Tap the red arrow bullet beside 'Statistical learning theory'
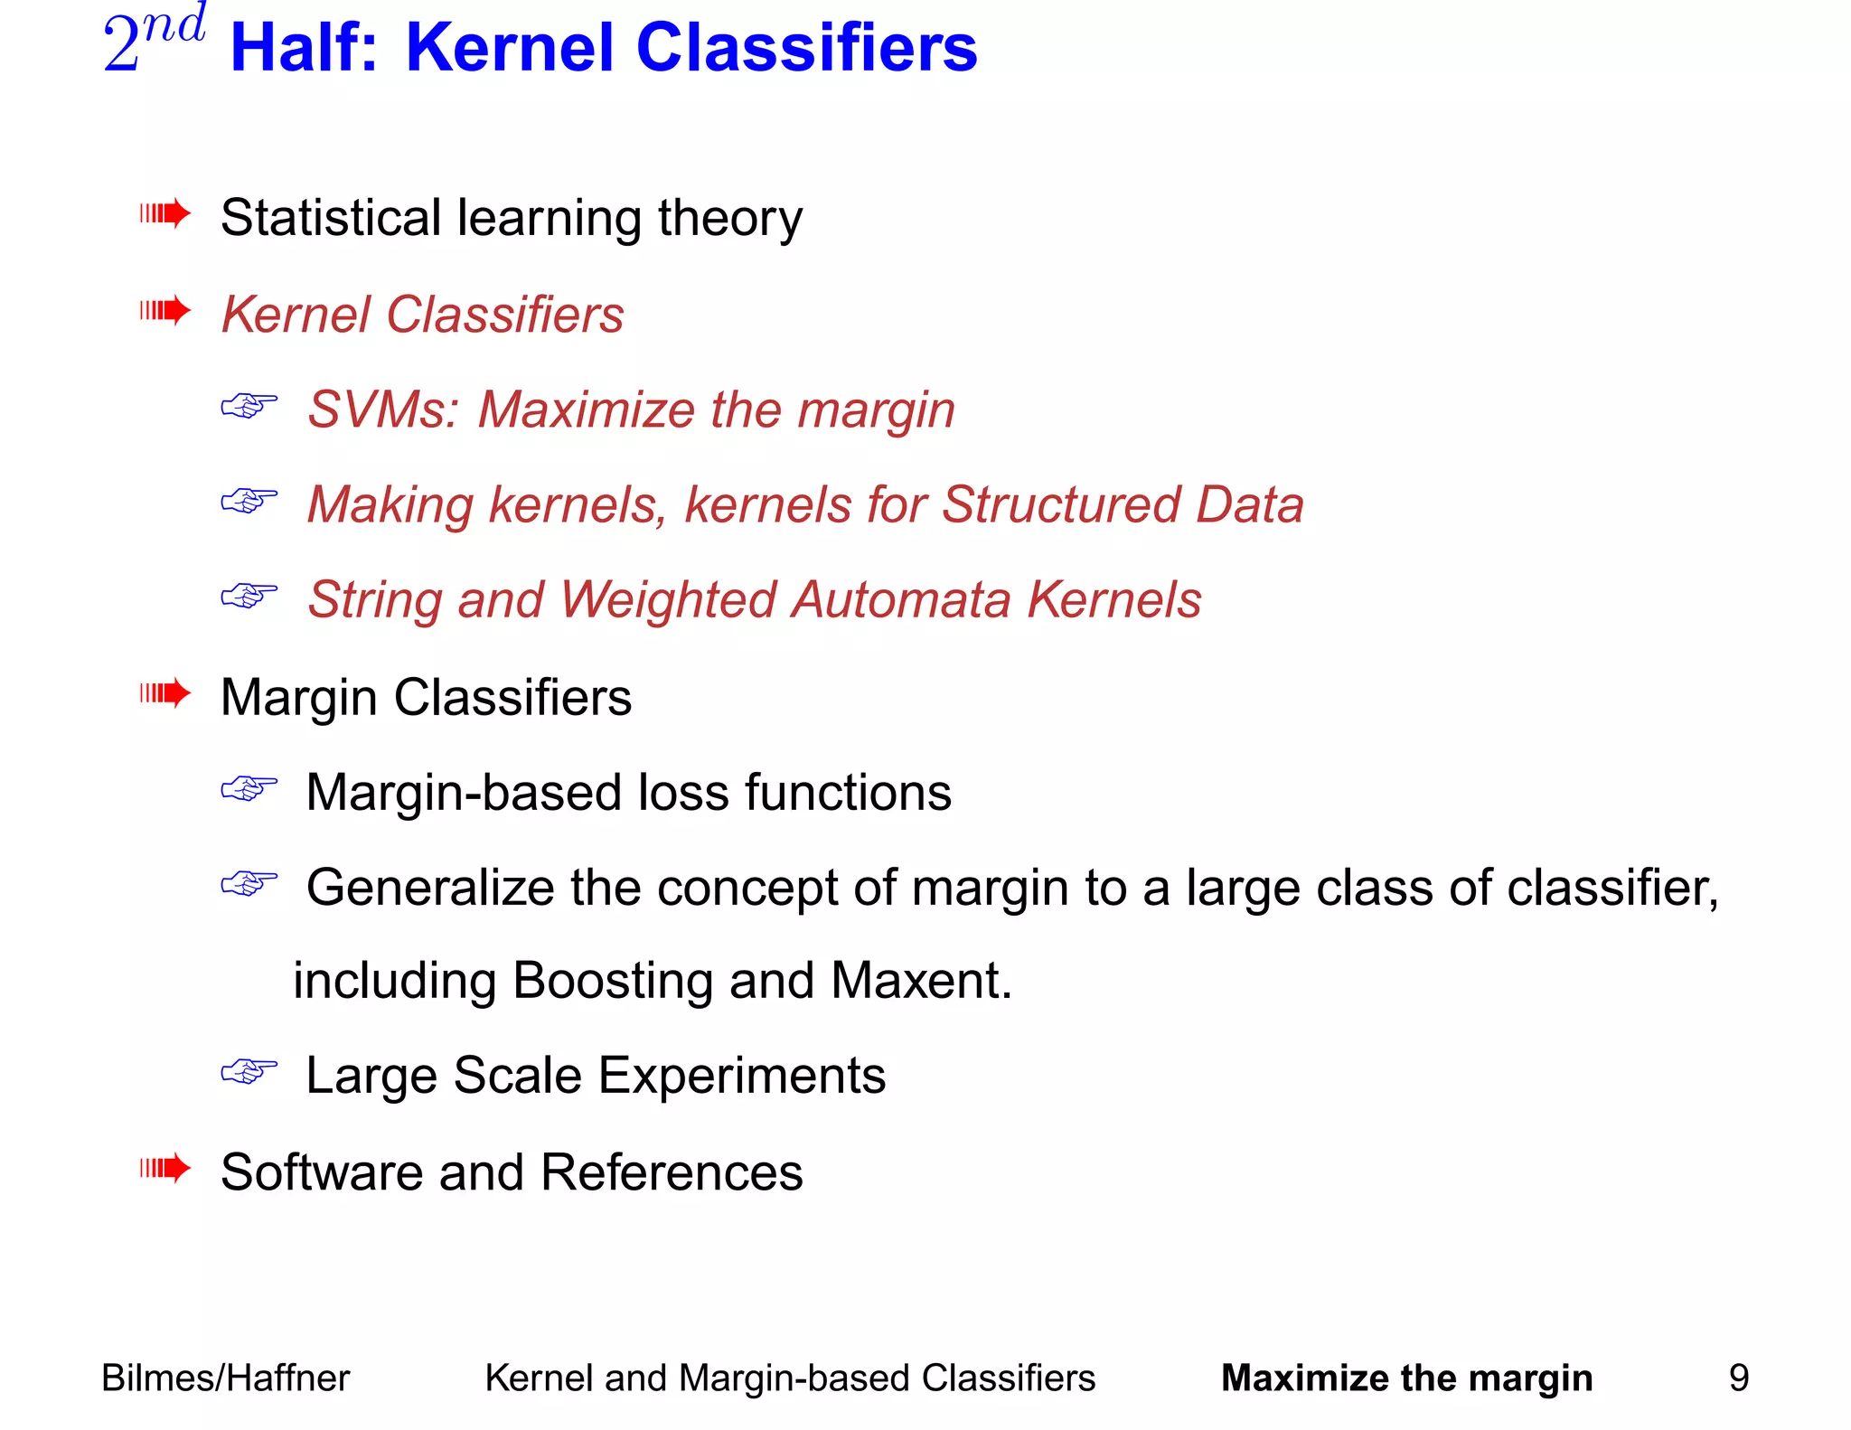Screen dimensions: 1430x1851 (x=164, y=214)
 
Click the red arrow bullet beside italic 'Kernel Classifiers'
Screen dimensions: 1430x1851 (x=164, y=311)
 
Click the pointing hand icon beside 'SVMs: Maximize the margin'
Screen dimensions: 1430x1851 (x=249, y=406)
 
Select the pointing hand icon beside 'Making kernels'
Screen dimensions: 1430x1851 (x=249, y=501)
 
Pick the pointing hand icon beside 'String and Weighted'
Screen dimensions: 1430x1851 (x=249, y=596)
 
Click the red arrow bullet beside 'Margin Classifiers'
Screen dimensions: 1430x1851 (x=164, y=693)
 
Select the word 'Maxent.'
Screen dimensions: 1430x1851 (x=921, y=981)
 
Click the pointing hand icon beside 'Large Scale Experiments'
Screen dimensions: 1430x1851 (x=249, y=1072)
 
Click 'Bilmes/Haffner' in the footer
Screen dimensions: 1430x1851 (x=225, y=1378)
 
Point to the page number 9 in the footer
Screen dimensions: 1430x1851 (x=1738, y=1378)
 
